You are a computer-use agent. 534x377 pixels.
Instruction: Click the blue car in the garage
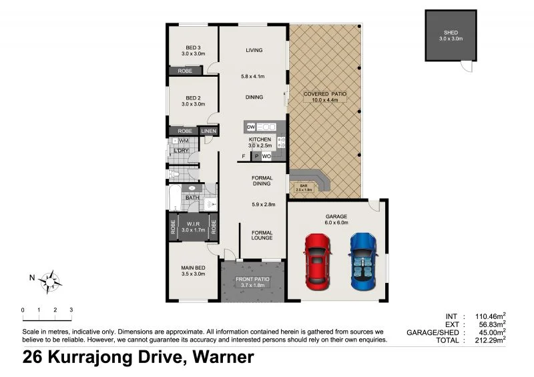point(361,260)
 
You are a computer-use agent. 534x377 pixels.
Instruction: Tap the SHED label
point(451,33)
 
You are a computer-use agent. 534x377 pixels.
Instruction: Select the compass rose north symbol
point(51,281)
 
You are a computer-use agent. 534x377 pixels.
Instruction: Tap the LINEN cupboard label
point(208,131)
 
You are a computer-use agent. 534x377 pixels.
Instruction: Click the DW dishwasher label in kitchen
point(251,127)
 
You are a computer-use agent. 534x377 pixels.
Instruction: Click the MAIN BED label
point(193,269)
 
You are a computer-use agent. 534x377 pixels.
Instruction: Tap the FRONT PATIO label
point(252,279)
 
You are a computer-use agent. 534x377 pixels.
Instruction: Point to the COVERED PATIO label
point(325,94)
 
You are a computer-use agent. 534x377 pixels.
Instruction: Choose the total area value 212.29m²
point(489,340)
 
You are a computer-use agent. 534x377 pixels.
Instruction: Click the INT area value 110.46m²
point(489,316)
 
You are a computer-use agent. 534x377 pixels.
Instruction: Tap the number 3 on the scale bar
point(71,310)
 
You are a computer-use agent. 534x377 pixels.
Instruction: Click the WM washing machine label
point(183,141)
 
